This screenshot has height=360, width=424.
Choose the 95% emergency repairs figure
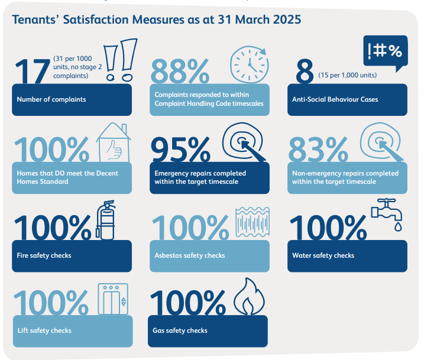pyautogui.click(x=180, y=150)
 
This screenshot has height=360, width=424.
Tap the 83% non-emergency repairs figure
pyautogui.click(x=319, y=150)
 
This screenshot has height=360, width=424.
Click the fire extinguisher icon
pyautogui.click(x=106, y=220)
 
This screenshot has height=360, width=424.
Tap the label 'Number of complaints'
pyautogui.click(x=51, y=99)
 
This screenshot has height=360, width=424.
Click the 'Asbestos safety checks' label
pyautogui.click(x=189, y=256)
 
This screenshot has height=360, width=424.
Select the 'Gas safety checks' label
pyautogui.click(x=180, y=330)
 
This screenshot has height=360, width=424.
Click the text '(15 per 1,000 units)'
pyautogui.click(x=348, y=76)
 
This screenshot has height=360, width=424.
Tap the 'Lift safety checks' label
pyautogui.click(x=44, y=330)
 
